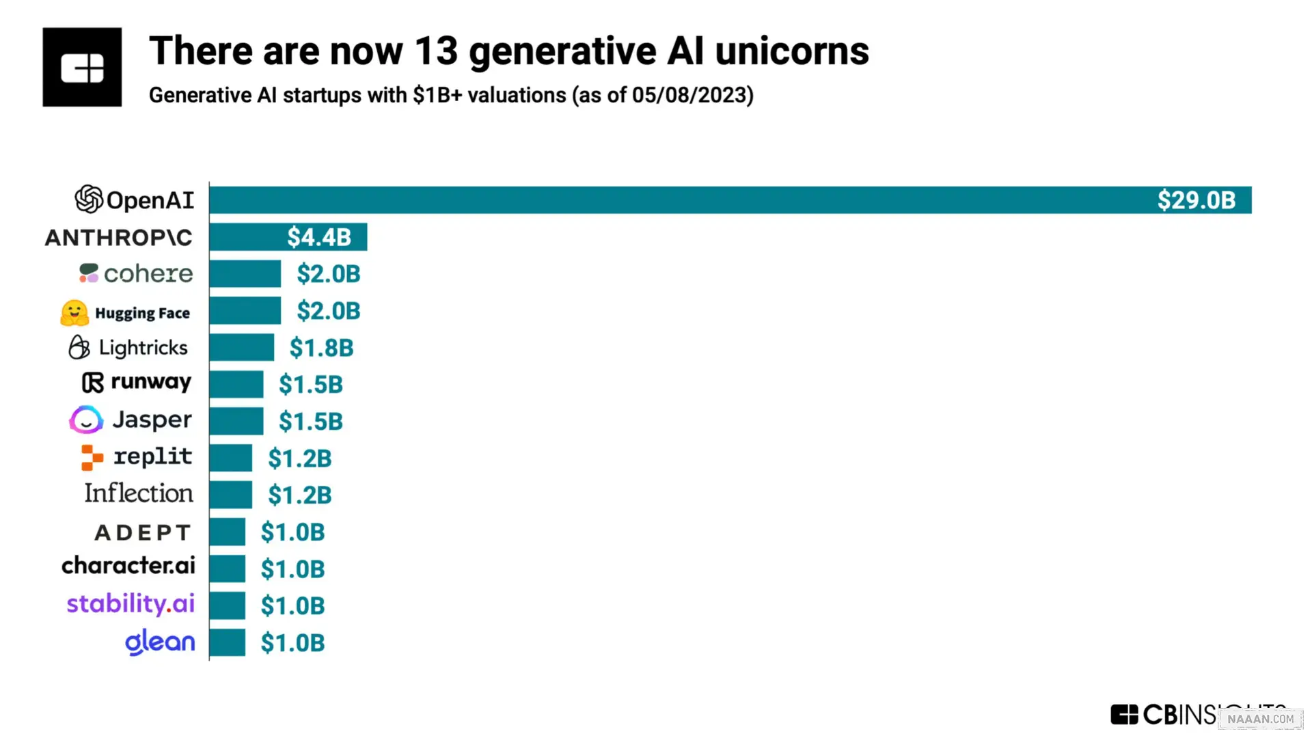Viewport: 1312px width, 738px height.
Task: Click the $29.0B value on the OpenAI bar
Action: [x=1196, y=200]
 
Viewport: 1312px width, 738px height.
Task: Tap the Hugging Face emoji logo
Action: [x=74, y=313]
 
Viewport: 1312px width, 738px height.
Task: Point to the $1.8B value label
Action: [x=321, y=348]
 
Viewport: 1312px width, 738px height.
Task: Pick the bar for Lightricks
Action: [x=241, y=348]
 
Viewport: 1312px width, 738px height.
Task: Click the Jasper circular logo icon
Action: [x=86, y=420]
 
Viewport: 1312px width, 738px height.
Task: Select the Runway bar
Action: [x=236, y=385]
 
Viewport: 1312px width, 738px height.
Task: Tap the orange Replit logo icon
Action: [x=92, y=457]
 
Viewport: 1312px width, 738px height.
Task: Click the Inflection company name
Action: [x=139, y=493]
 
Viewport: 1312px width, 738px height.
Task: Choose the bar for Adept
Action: [x=227, y=532]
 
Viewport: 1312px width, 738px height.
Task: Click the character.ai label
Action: [x=128, y=566]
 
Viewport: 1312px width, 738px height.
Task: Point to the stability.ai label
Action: [x=131, y=604]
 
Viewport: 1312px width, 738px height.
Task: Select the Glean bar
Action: [x=227, y=643]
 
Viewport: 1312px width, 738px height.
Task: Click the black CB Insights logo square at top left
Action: [x=82, y=67]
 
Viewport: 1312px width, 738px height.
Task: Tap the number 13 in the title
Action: [x=435, y=51]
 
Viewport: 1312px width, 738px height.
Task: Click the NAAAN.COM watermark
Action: [x=1260, y=719]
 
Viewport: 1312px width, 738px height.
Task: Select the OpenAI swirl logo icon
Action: [x=89, y=200]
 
